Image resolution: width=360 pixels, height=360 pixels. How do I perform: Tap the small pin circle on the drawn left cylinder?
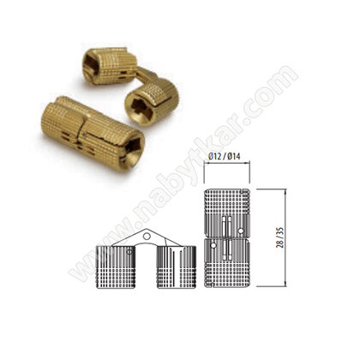[129, 251]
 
